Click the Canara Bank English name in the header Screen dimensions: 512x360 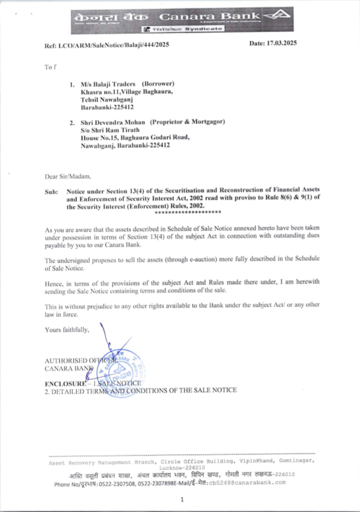(x=209, y=16)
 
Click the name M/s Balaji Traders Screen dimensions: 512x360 (x=108, y=84)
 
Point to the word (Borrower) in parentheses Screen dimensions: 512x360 (x=158, y=84)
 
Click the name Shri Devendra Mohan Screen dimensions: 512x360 (x=113, y=122)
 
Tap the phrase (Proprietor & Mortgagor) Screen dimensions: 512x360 (x=187, y=122)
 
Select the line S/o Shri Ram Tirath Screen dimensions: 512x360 (x=110, y=130)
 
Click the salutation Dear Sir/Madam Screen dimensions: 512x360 (x=68, y=176)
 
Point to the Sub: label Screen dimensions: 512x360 (x=51, y=192)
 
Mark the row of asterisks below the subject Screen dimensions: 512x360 (x=188, y=212)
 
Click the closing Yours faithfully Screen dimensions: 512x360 (x=67, y=330)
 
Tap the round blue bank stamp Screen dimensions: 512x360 (x=121, y=373)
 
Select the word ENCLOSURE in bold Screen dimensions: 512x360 (x=65, y=383)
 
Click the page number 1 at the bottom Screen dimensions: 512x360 (x=182, y=499)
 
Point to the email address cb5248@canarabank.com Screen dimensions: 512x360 (x=247, y=482)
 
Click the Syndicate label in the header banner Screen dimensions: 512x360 (x=204, y=29)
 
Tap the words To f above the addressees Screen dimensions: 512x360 (x=50, y=67)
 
